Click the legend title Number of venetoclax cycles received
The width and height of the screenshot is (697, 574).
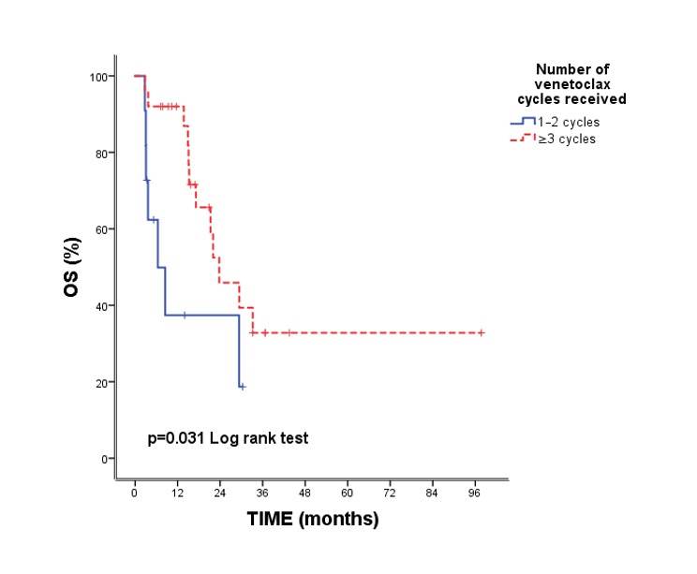tap(574, 83)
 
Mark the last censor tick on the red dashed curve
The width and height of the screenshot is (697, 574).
tap(482, 332)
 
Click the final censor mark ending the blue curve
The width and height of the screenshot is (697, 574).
tap(242, 386)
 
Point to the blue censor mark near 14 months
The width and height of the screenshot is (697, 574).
tap(185, 316)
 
